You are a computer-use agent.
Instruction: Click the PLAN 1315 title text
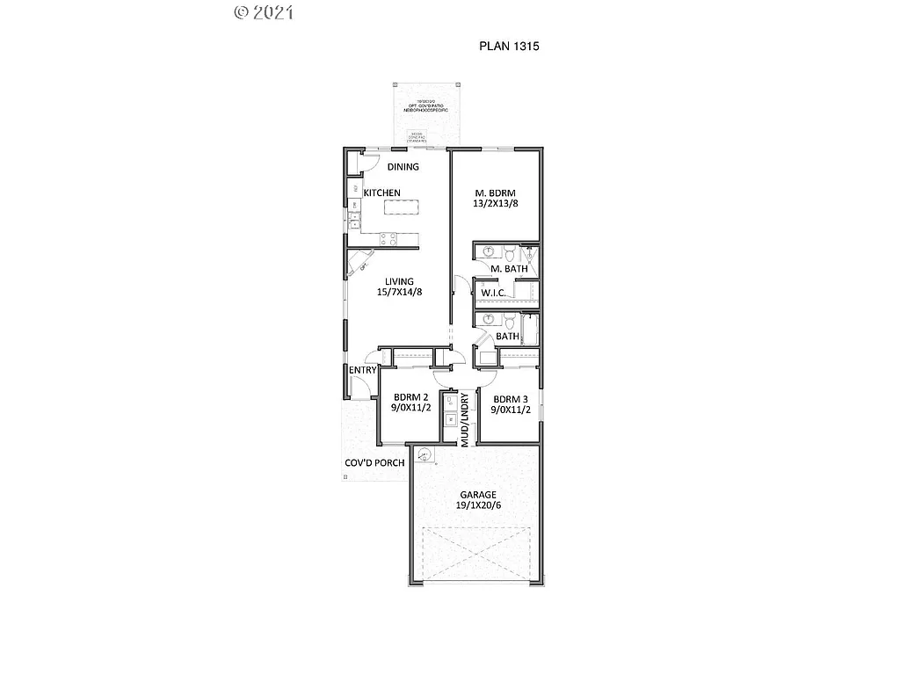click(508, 46)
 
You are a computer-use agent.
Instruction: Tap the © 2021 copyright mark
click(264, 12)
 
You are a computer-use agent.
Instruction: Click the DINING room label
click(403, 167)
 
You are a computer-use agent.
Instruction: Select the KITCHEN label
click(382, 192)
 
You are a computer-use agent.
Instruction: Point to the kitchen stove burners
click(388, 237)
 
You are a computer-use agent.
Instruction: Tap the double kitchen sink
click(353, 220)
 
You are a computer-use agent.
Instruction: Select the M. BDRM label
click(494, 193)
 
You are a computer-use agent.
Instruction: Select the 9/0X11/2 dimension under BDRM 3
click(510, 409)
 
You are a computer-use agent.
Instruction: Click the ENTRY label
click(362, 370)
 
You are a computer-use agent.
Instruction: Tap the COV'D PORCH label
click(374, 463)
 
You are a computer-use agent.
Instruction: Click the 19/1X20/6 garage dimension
click(475, 505)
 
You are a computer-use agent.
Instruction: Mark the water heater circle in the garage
click(425, 455)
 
